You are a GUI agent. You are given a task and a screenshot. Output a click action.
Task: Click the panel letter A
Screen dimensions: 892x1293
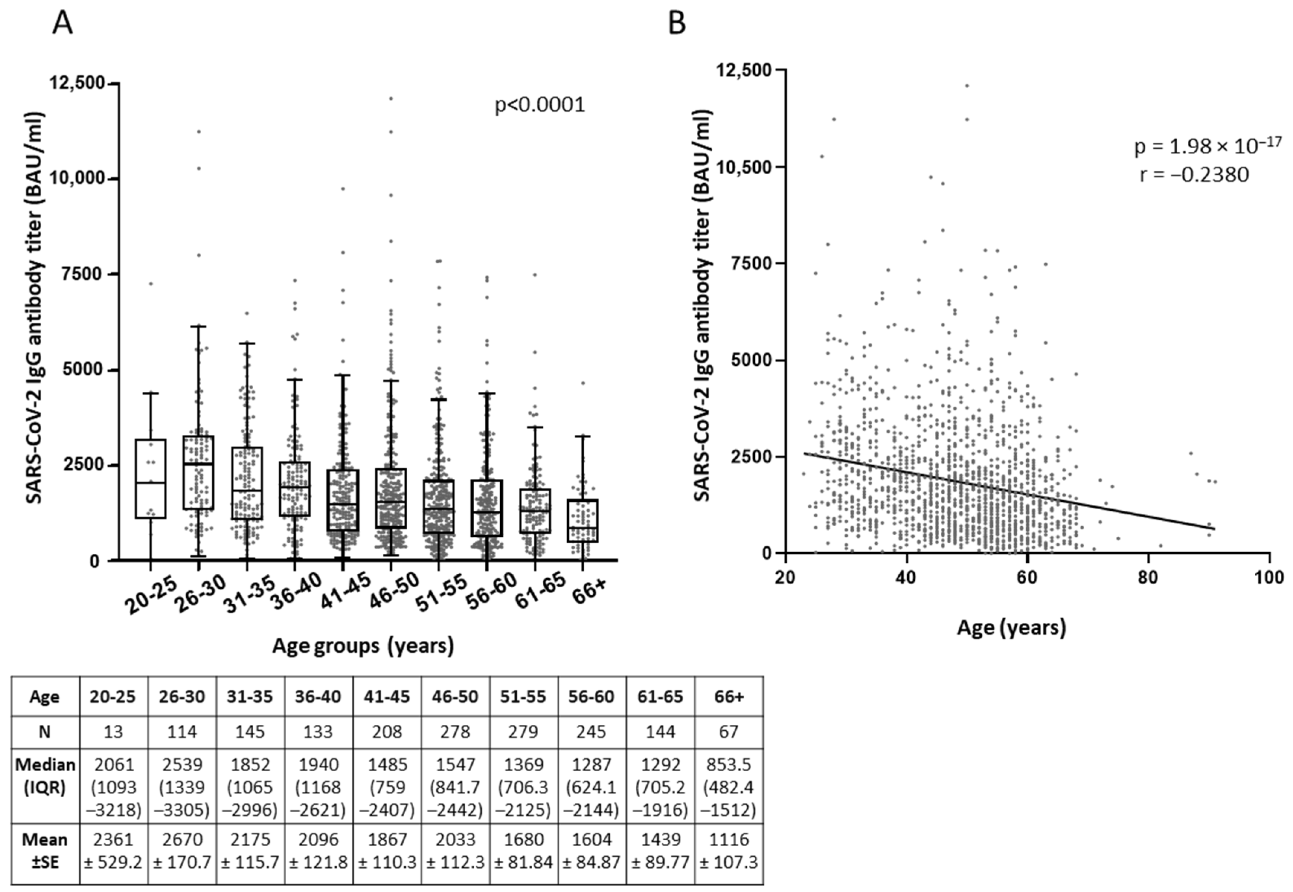click(62, 23)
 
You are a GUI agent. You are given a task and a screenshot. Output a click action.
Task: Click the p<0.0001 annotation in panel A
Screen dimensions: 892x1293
click(540, 104)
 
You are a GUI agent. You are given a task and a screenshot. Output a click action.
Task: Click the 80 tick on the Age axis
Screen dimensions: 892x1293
click(1148, 577)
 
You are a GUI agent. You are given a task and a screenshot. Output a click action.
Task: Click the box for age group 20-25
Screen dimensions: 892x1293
click(150, 479)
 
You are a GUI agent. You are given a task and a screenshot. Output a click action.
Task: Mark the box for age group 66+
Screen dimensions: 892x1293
click(582, 520)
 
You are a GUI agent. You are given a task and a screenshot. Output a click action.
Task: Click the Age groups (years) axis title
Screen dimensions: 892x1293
click(363, 646)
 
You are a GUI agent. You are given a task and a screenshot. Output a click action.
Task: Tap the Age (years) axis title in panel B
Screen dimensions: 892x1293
click(1011, 627)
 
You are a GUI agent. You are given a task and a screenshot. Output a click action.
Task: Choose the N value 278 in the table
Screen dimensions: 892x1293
click(455, 731)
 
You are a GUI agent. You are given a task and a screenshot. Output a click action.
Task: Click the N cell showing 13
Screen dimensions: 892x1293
click(113, 731)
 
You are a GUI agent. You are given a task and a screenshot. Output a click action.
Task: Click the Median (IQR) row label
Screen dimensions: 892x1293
click(45, 776)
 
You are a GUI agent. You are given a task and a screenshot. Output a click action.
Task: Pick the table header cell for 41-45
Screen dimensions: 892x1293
click(387, 697)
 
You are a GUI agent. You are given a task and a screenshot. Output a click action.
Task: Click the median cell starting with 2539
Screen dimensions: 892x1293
click(182, 786)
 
